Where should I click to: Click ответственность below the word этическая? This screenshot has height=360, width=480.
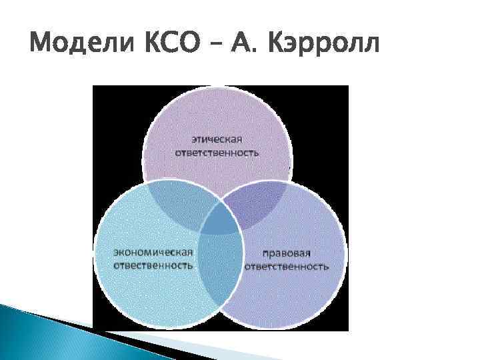(217, 153)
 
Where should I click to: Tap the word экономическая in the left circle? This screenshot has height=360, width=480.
(154, 252)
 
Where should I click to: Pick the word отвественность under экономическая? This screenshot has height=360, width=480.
(154, 265)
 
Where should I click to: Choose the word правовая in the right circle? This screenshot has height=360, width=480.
(287, 254)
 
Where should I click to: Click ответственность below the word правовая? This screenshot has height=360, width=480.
(287, 267)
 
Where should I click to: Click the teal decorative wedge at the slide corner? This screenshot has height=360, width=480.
(40, 327)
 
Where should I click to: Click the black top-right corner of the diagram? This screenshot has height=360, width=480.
(333, 100)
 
